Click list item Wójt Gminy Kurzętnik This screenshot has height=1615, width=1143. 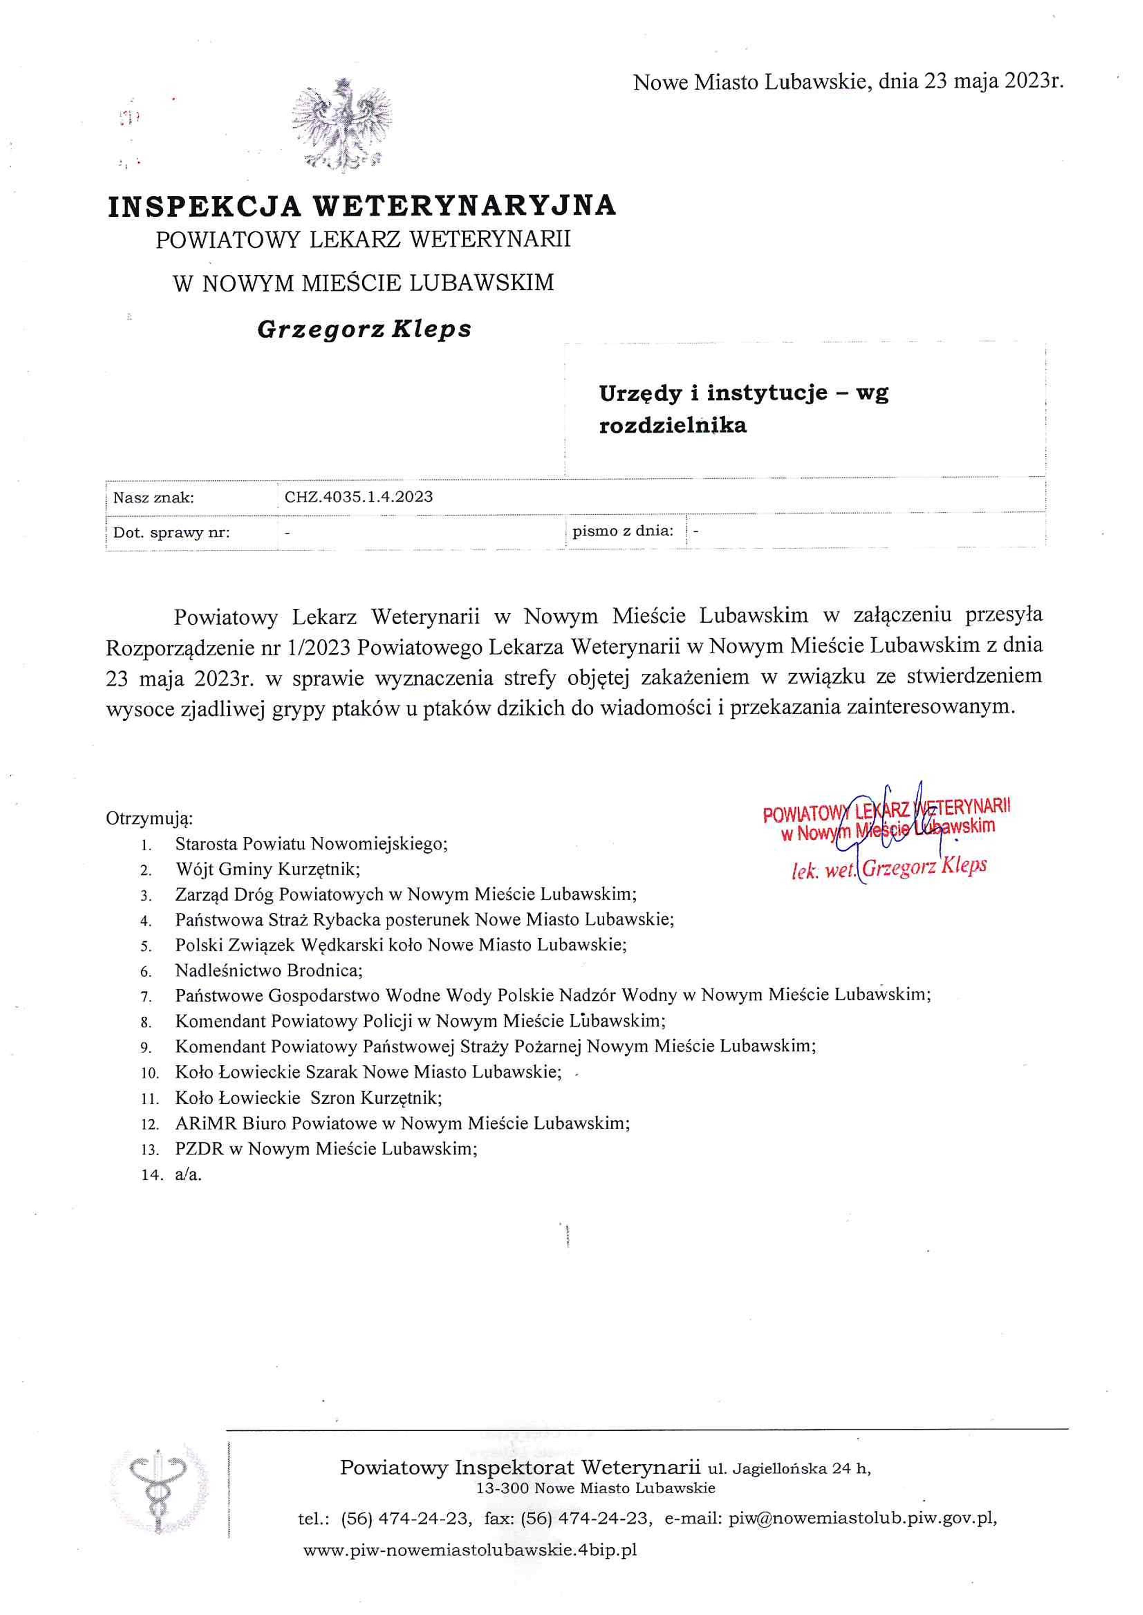(x=268, y=869)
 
